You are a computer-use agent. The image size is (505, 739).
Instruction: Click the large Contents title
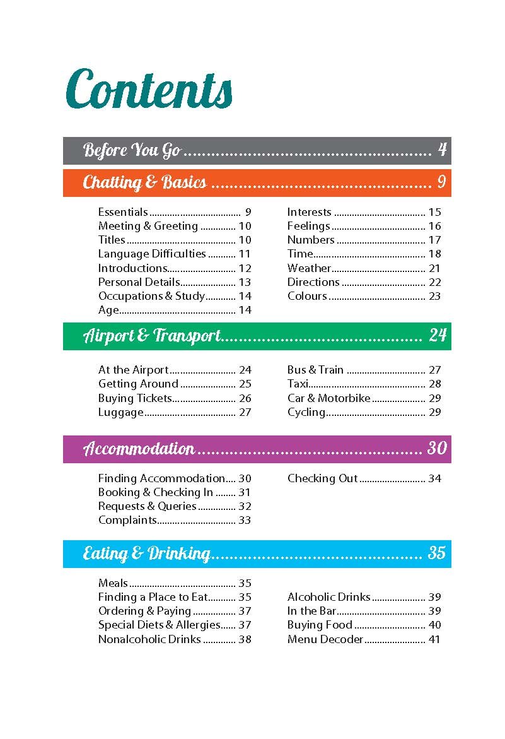(x=149, y=89)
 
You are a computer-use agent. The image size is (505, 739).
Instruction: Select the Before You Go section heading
(x=132, y=151)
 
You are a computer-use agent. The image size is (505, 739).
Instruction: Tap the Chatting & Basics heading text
(x=144, y=183)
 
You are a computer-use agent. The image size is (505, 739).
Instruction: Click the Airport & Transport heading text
(x=152, y=336)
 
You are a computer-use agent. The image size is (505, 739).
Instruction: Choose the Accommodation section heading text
(x=139, y=449)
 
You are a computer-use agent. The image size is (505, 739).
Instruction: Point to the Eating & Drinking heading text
(x=146, y=554)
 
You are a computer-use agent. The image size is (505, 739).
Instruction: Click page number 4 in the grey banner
(x=442, y=150)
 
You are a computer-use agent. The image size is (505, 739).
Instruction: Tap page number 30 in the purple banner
(x=437, y=449)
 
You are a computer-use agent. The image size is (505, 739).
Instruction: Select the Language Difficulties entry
(x=152, y=254)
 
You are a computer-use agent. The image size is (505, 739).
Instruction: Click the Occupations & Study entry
(x=151, y=296)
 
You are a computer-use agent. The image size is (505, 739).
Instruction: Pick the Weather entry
(x=309, y=268)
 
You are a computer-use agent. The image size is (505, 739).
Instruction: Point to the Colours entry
(x=307, y=296)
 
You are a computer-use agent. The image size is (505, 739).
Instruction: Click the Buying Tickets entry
(x=135, y=398)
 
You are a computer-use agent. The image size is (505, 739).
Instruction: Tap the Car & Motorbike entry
(x=329, y=398)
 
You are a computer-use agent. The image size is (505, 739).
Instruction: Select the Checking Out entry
(x=323, y=478)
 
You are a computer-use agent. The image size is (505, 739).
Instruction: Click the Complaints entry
(x=127, y=520)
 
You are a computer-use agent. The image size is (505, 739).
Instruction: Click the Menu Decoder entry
(x=325, y=639)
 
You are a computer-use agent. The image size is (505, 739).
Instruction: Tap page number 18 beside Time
(x=434, y=254)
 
